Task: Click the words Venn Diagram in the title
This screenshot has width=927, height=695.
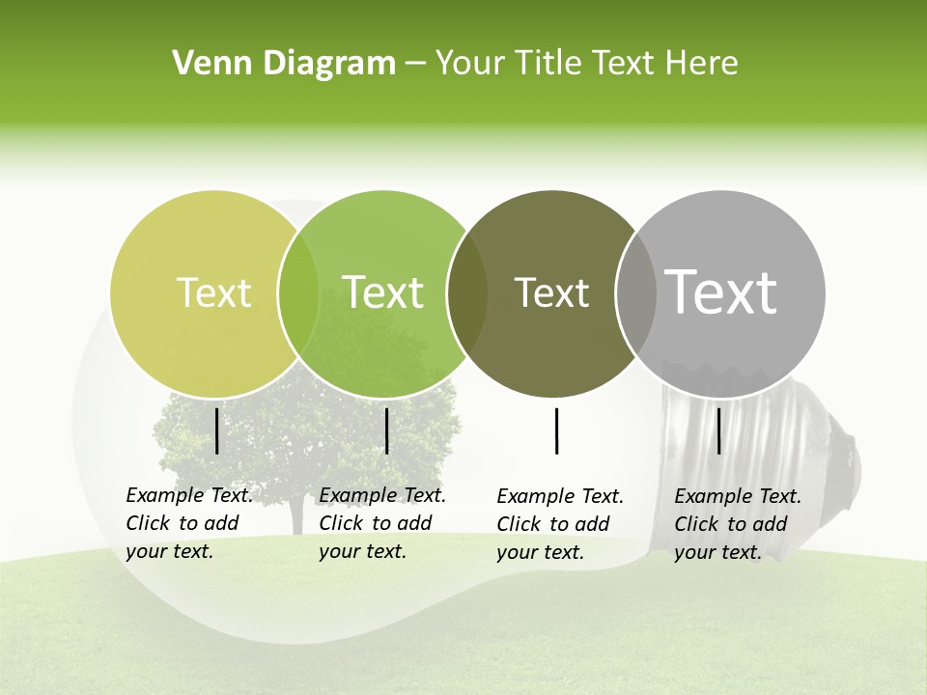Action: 284,64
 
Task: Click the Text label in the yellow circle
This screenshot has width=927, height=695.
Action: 214,292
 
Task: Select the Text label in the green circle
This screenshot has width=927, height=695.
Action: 383,292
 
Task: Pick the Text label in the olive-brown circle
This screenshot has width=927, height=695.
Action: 551,292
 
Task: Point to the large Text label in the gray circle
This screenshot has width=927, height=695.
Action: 721,292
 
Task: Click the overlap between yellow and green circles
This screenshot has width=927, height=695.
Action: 298,293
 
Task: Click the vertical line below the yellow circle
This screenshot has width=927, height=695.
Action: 217,431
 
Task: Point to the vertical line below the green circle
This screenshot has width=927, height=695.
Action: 386,431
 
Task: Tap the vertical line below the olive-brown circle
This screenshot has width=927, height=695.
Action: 557,431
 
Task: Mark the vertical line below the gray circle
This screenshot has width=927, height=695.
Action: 719,431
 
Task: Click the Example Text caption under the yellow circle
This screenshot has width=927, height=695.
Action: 188,523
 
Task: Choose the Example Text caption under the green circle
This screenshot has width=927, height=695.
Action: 381,523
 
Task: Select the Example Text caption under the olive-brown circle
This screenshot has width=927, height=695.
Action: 559,524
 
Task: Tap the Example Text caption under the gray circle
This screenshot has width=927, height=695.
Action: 737,524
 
